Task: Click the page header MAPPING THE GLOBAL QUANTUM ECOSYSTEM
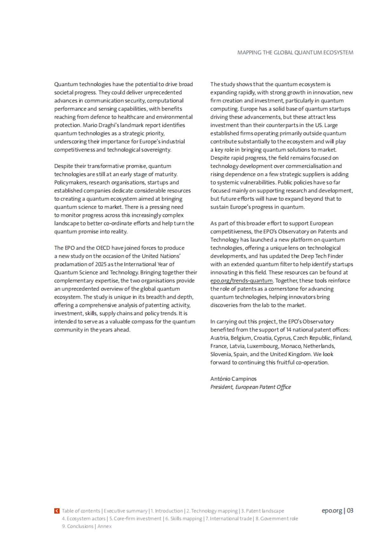[295, 52]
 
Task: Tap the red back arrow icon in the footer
[57, 511]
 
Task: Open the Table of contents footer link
[81, 511]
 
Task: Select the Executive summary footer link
[125, 511]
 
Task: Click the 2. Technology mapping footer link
[212, 511]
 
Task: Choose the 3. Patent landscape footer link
[263, 511]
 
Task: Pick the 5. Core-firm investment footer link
[135, 518]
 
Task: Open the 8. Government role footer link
[277, 518]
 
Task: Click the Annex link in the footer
[104, 526]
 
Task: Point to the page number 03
[350, 511]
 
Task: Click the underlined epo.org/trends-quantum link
[241, 280]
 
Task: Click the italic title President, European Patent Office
[251, 387]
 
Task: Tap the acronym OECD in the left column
[99, 248]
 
